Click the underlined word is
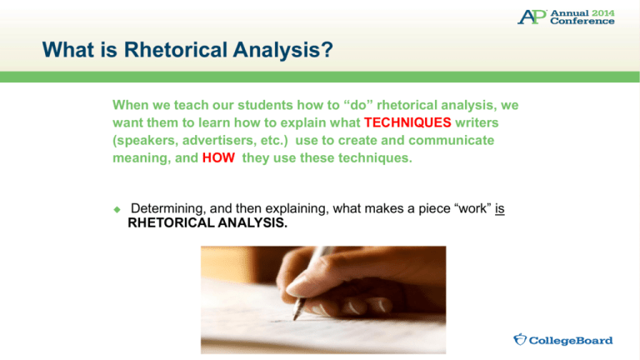[x=500, y=207]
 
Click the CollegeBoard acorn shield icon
[x=520, y=340]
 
